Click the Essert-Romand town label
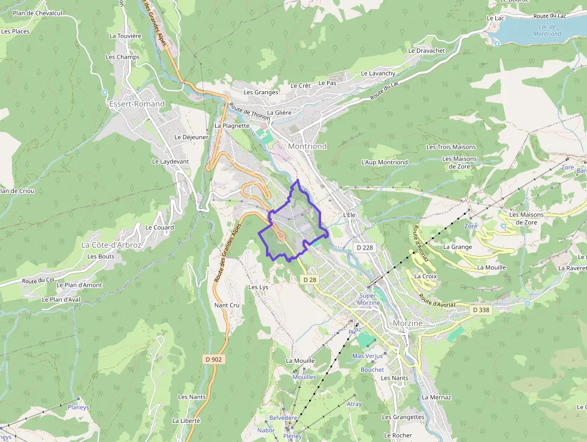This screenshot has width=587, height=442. coord(137,104)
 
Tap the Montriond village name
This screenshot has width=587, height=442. coord(307,146)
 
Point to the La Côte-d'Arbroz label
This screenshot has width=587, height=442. coord(111,245)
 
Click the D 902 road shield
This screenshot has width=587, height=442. coord(213,359)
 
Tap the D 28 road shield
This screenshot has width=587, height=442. coord(309,279)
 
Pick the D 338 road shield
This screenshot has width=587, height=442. coord(480,310)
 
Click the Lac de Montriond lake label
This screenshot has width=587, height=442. coord(547,30)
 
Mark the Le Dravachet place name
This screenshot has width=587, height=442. coord(426,51)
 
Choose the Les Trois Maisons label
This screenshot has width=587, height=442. coord(451,147)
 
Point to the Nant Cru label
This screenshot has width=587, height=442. coord(226,305)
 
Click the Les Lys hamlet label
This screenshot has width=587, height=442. coord(258,287)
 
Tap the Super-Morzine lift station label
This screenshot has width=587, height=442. coord(369,299)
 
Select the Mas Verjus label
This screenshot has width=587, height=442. coord(367,356)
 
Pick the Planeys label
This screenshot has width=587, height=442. coord(78,407)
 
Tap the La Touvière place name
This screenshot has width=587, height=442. coord(125,36)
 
